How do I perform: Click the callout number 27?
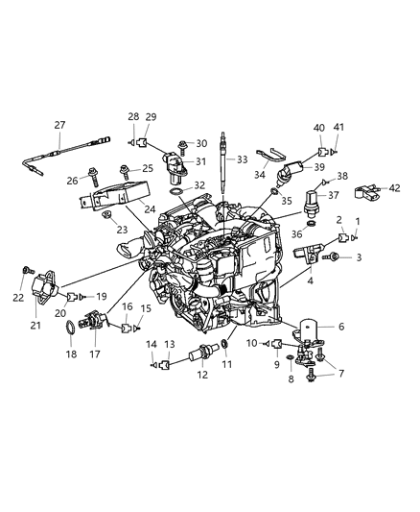59,125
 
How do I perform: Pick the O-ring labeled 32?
175,192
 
